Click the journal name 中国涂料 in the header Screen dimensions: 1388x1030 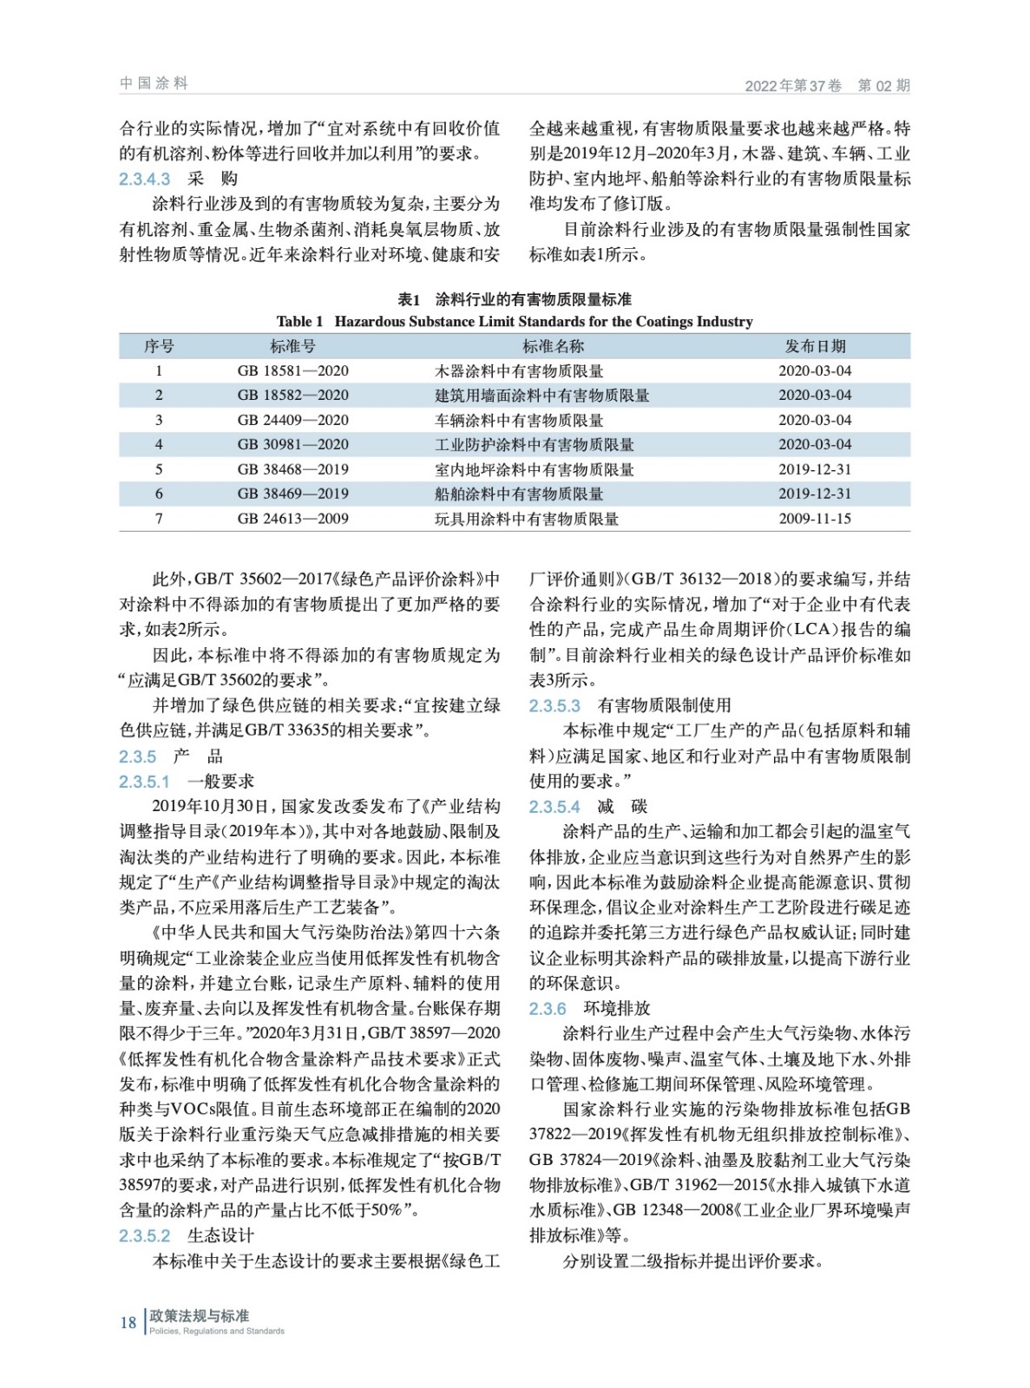point(154,83)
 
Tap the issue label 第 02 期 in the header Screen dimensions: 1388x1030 point(883,85)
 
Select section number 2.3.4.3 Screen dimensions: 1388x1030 point(145,179)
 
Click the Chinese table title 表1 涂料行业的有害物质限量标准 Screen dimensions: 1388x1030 point(515,299)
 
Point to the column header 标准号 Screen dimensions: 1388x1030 point(292,346)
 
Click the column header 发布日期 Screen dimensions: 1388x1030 point(815,346)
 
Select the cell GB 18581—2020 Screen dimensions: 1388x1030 point(292,370)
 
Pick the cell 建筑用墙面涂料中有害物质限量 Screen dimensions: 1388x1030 point(541,396)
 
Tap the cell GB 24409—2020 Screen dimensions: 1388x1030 point(292,420)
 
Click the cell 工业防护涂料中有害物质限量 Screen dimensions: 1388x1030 point(534,445)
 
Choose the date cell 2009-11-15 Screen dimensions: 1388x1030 point(815,519)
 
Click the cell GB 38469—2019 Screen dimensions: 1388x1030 point(292,494)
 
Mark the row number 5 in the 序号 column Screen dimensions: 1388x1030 point(159,469)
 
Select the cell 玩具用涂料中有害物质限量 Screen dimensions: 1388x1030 point(526,519)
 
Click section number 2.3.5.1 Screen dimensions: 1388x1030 point(145,782)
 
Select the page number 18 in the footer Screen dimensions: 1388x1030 point(128,1322)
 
